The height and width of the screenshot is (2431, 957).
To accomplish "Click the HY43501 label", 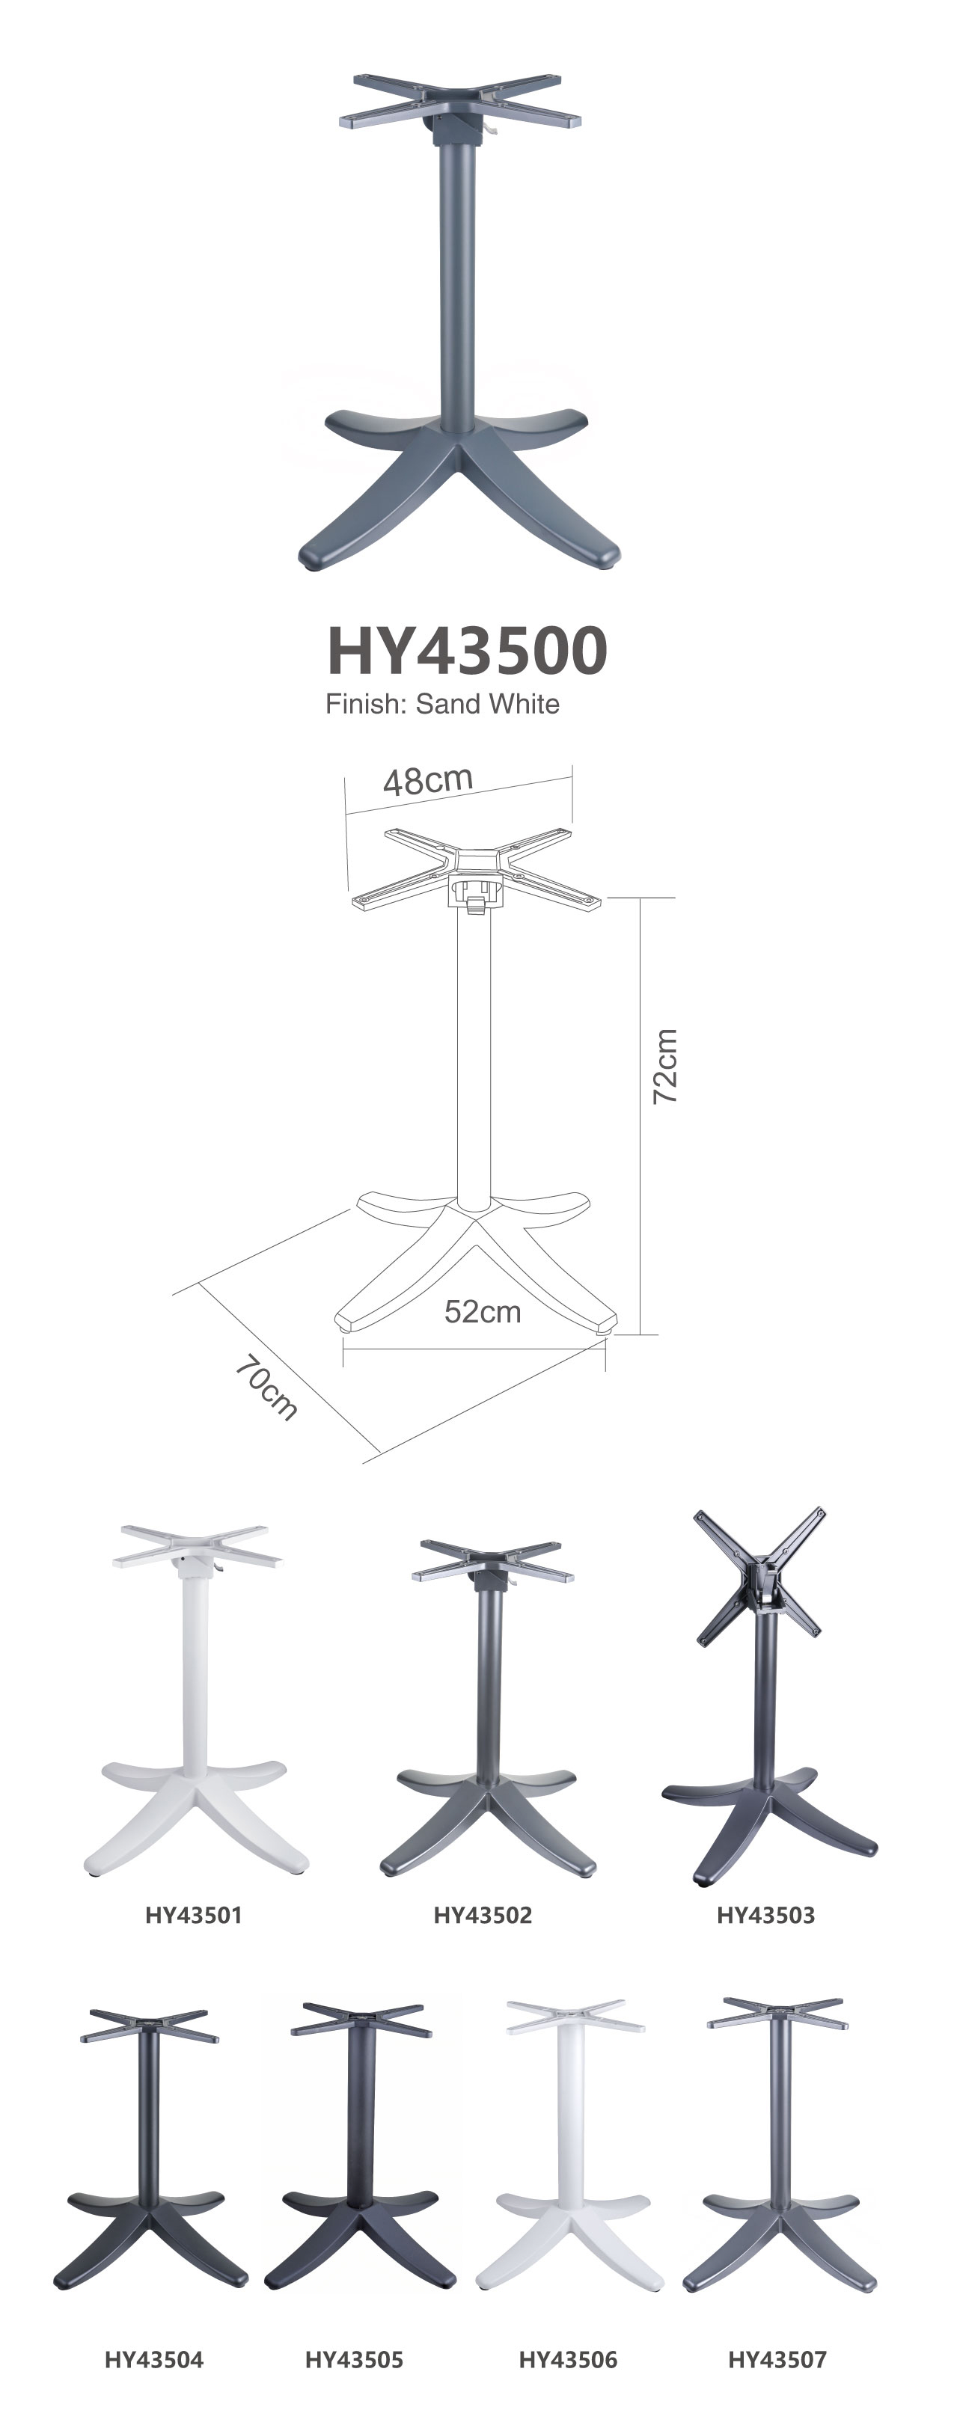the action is [194, 1915].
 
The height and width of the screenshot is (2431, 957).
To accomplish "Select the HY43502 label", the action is [483, 1915].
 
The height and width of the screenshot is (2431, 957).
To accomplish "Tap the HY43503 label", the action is [765, 1915].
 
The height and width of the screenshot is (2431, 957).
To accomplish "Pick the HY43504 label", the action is [154, 2360].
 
